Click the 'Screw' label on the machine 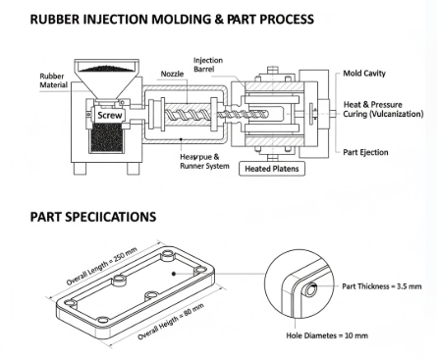click(110, 115)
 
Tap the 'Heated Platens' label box click(272, 169)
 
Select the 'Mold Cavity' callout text click(364, 74)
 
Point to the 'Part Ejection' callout click(365, 152)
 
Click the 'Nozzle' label click(172, 74)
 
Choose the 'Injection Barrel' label click(208, 65)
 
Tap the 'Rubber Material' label click(54, 80)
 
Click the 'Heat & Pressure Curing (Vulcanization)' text click(383, 109)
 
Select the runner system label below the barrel click(204, 162)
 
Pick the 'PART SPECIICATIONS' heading click(93, 217)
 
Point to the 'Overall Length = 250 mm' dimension click(102, 267)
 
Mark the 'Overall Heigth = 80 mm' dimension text click(171, 322)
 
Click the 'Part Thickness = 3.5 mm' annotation click(382, 286)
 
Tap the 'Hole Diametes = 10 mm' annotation click(327, 335)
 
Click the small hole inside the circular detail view click(310, 289)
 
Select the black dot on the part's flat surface click(174, 274)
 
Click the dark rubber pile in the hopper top click(107, 69)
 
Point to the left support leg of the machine click(80, 169)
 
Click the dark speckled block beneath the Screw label click(107, 137)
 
